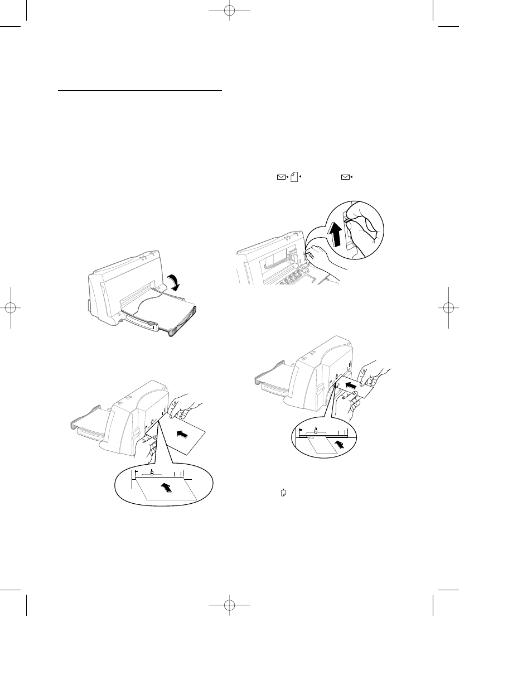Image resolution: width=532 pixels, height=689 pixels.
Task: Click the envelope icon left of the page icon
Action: tap(281, 177)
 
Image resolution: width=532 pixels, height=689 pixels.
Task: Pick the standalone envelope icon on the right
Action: tap(347, 177)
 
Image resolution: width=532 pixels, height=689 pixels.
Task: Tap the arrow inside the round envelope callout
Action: tap(337, 444)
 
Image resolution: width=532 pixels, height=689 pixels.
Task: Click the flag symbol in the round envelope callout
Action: tap(301, 431)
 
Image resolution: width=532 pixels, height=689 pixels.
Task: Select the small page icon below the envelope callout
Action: tap(284, 493)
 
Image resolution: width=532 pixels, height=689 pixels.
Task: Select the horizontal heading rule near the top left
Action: tap(140, 89)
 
